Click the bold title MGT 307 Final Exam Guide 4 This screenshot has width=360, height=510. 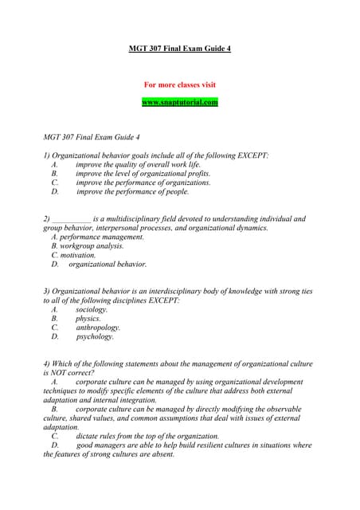pyautogui.click(x=179, y=49)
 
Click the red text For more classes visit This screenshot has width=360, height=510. pyautogui.click(x=179, y=84)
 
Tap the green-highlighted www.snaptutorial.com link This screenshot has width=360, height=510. pyautogui.click(x=179, y=103)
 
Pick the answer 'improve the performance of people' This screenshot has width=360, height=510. pyautogui.click(x=133, y=192)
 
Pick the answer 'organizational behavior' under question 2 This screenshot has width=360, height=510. pyautogui.click(x=108, y=265)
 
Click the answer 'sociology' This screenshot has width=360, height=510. pyautogui.click(x=92, y=309)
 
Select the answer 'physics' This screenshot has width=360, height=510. pyautogui.click(x=88, y=319)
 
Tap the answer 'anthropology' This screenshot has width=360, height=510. pyautogui.click(x=99, y=328)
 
